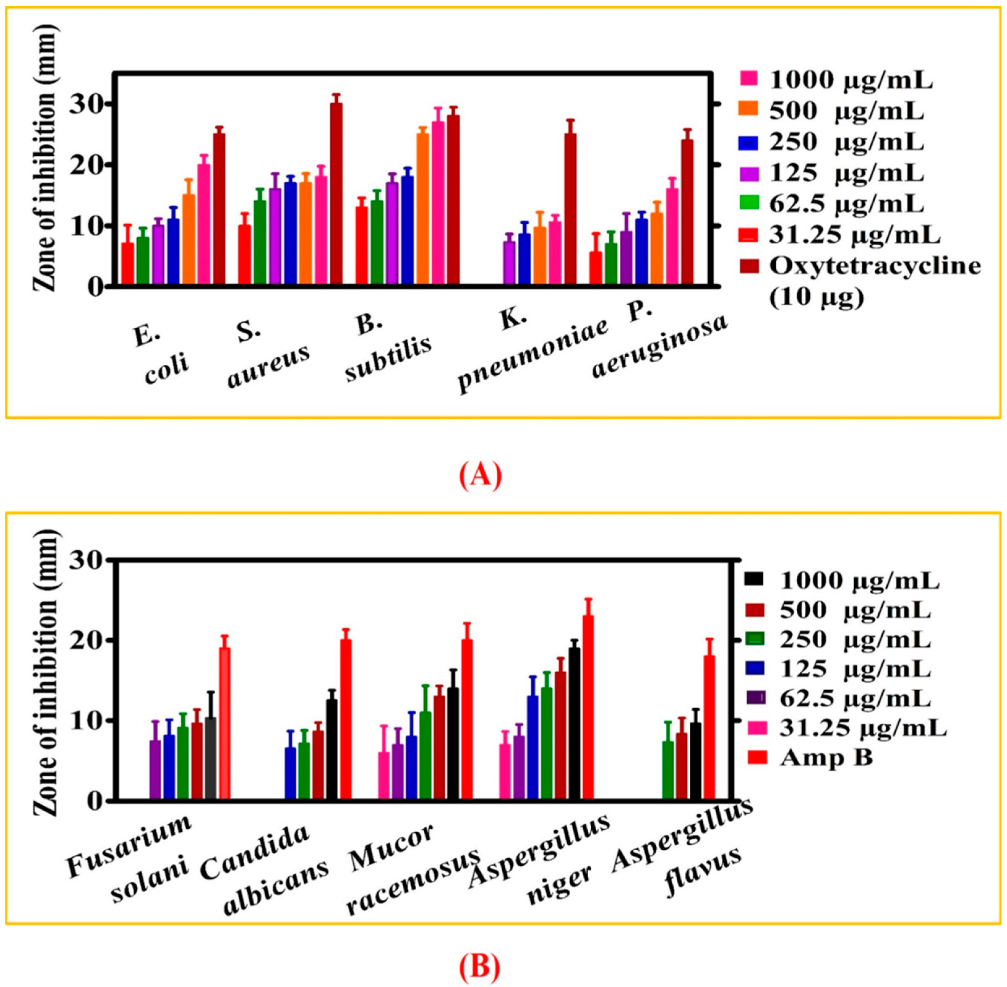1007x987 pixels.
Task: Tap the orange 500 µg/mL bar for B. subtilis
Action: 422,210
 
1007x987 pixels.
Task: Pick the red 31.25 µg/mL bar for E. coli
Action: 127,264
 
